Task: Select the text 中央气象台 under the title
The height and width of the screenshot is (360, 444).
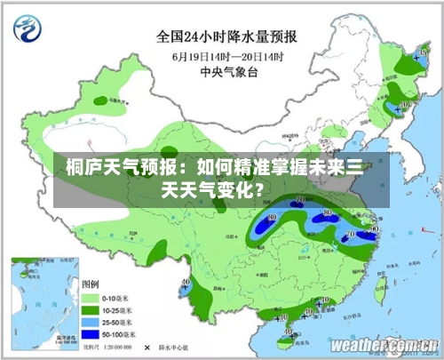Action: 227,72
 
